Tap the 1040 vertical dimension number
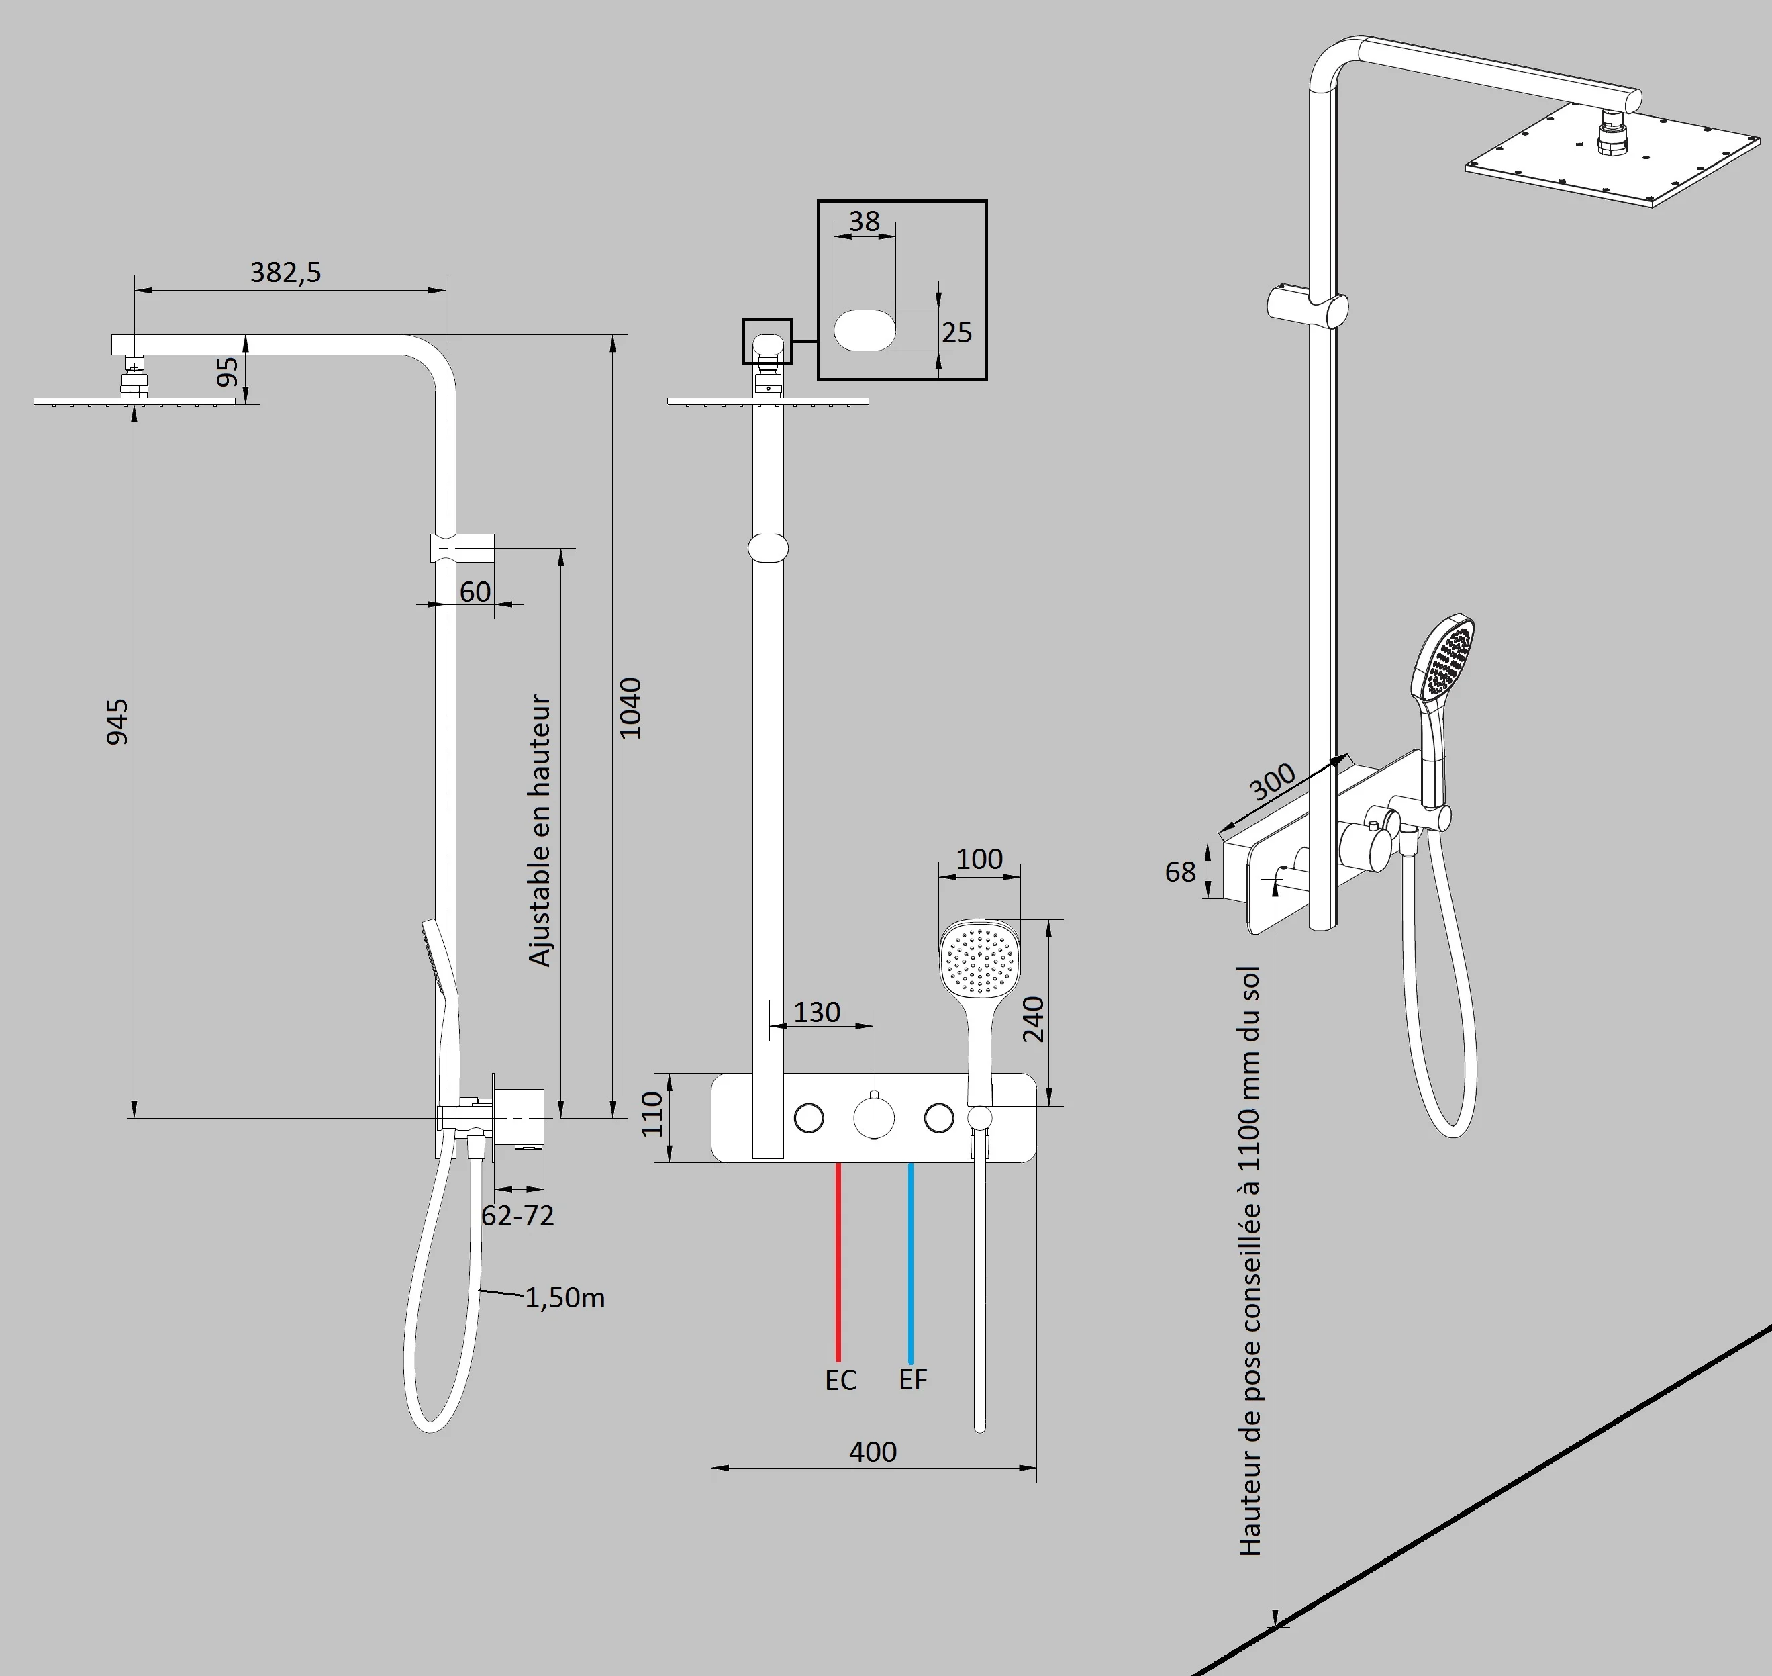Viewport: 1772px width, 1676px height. click(x=630, y=708)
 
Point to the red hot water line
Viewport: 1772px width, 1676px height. click(x=838, y=1260)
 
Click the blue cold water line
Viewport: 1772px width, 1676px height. click(x=910, y=1260)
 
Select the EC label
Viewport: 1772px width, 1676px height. click(x=840, y=1381)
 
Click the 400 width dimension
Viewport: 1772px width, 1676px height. click(x=873, y=1452)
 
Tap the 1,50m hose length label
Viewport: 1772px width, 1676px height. click(x=564, y=1298)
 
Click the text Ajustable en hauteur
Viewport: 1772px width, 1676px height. click(x=540, y=831)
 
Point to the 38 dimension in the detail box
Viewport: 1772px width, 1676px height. click(x=864, y=221)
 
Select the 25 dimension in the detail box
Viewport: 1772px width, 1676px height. click(x=956, y=332)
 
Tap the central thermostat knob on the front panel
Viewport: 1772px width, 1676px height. click(x=873, y=1117)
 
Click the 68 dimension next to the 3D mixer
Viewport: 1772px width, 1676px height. click(x=1180, y=872)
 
